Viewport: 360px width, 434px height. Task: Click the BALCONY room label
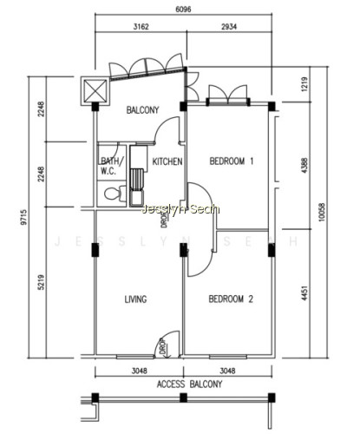pyautogui.click(x=142, y=110)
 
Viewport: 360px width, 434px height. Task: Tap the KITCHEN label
pyautogui.click(x=167, y=161)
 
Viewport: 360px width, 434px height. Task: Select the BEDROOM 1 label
pyautogui.click(x=232, y=161)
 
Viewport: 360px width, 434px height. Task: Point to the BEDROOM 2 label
pyautogui.click(x=231, y=299)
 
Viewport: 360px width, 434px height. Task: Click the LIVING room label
pyautogui.click(x=135, y=299)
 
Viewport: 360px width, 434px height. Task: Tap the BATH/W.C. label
pyautogui.click(x=112, y=166)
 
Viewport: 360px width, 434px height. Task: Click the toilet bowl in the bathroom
pyautogui.click(x=115, y=194)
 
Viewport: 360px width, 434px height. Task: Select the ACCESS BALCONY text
pyautogui.click(x=189, y=385)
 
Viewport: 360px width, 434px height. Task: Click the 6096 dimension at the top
pyautogui.click(x=183, y=10)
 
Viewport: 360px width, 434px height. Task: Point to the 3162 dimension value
pyautogui.click(x=141, y=27)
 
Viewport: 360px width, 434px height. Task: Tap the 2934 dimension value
pyautogui.click(x=229, y=27)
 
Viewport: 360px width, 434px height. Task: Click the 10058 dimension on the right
pyautogui.click(x=322, y=213)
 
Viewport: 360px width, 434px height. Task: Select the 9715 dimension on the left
pyautogui.click(x=23, y=217)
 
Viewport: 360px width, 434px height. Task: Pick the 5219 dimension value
pyautogui.click(x=41, y=282)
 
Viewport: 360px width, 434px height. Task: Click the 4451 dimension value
pyautogui.click(x=304, y=293)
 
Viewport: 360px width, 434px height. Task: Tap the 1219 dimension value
pyautogui.click(x=304, y=84)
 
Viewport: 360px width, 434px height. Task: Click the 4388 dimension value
pyautogui.click(x=304, y=166)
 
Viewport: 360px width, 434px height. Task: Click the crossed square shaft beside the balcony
pyautogui.click(x=95, y=91)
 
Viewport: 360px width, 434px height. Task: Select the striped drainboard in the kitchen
pyautogui.click(x=137, y=179)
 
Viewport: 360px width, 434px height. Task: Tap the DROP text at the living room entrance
pyautogui.click(x=163, y=346)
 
